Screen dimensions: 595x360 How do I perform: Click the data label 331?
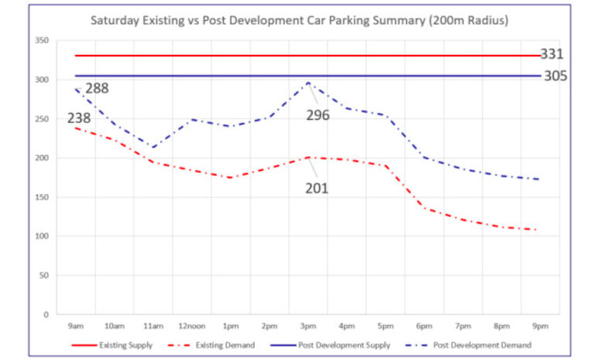coord(552,54)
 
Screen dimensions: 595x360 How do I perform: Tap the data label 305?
coord(555,76)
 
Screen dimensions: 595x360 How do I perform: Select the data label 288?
coord(97,88)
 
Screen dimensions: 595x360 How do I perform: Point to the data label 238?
coord(79,118)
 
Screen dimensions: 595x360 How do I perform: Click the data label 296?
coord(318,115)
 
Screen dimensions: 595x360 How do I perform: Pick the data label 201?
coord(316,188)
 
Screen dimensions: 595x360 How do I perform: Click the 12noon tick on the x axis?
coord(191,326)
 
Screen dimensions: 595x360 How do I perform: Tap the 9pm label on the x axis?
coord(540,326)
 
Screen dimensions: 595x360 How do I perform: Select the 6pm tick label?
coord(424,326)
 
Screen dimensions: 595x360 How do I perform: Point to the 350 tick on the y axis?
coord(42,40)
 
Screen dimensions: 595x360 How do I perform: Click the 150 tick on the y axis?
coord(42,197)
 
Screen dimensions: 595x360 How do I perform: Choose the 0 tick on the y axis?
coord(46,314)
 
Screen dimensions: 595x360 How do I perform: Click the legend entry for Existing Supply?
coord(112,345)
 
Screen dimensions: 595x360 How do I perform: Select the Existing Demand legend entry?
coord(211,345)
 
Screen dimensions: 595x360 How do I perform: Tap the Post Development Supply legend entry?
coord(330,345)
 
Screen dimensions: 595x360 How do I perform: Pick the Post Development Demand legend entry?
coord(468,345)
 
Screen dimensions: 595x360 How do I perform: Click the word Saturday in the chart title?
coord(115,20)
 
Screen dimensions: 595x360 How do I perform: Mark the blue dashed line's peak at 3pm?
coord(308,82)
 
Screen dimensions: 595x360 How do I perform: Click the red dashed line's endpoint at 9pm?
coord(536,230)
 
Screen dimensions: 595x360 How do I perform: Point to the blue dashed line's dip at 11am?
coord(153,148)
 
